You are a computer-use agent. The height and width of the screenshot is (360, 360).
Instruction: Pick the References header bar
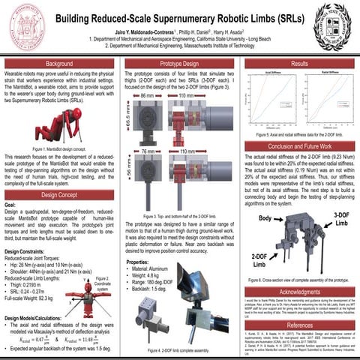click(298, 325)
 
